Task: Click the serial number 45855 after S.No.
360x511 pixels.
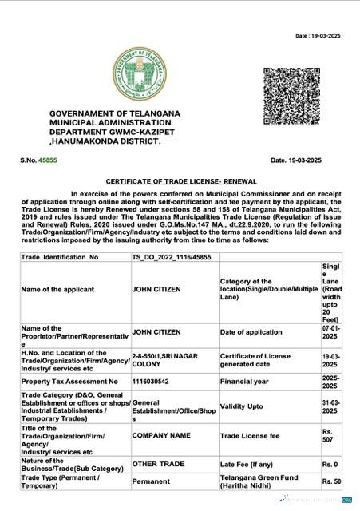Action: point(48,161)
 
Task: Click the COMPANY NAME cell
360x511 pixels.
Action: point(160,437)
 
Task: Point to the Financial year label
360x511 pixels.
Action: point(247,382)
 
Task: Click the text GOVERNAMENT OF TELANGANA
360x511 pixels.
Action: point(116,115)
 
